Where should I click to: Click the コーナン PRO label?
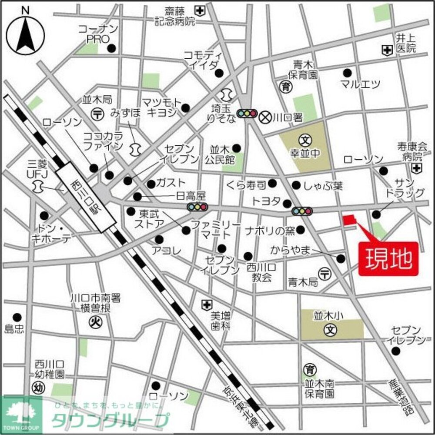(98, 34)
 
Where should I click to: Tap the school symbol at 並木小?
(331, 329)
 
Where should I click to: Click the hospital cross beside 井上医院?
(386, 50)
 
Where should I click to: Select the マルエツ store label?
(360, 84)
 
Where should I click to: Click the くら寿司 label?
(246, 186)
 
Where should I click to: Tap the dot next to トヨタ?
(287, 203)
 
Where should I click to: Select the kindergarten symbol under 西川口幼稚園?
(38, 385)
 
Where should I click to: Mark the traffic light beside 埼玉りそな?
(246, 114)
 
